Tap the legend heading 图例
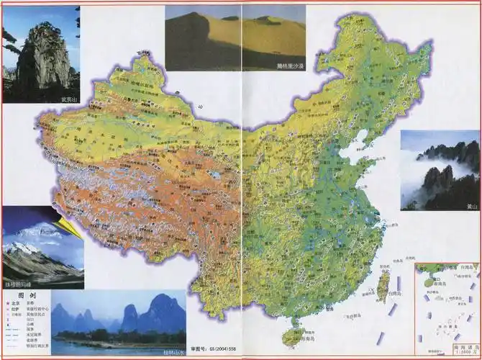(27, 295)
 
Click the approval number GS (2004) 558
(217, 348)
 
